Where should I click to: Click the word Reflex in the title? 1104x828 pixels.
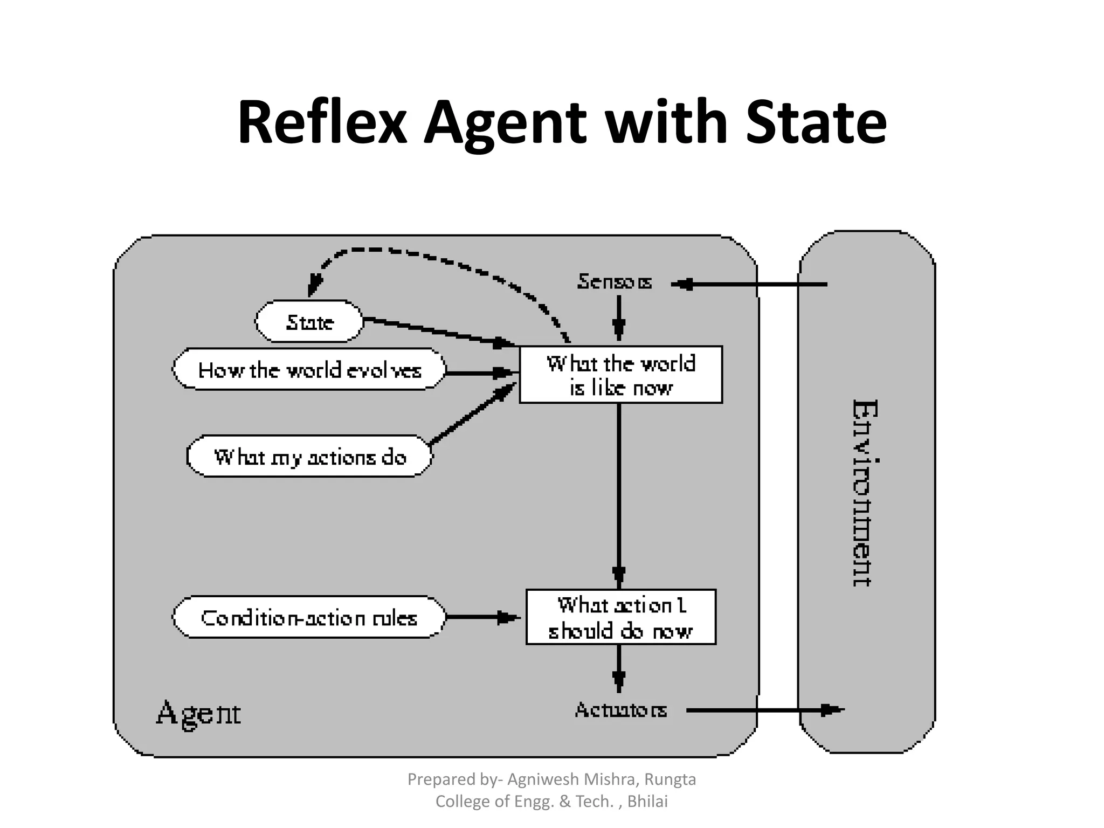(322, 123)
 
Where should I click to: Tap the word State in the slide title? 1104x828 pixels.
(816, 123)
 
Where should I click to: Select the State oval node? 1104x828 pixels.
(309, 322)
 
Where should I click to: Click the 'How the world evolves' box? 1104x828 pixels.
(309, 370)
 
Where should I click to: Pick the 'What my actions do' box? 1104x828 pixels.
(309, 457)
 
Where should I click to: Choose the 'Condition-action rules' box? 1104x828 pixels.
(309, 617)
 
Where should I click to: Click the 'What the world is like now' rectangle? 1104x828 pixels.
(620, 375)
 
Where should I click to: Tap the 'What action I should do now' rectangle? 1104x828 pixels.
(620, 617)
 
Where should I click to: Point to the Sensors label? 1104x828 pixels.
(615, 281)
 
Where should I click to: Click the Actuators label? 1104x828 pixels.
(620, 710)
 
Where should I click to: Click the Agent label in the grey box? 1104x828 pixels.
(198, 713)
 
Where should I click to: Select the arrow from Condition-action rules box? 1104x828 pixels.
(482, 617)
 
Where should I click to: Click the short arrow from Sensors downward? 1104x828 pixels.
(619, 318)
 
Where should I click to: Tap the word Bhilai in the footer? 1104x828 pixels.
(647, 802)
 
